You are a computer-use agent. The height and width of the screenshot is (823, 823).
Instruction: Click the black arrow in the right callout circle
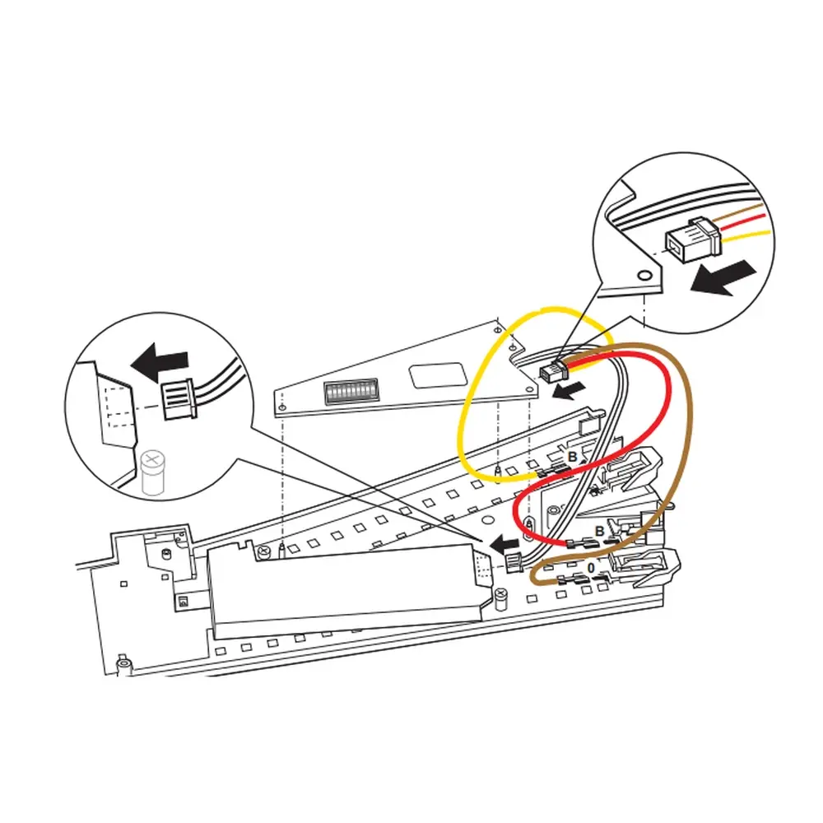[x=723, y=277]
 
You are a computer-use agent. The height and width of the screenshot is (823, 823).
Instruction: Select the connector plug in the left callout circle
[x=178, y=400]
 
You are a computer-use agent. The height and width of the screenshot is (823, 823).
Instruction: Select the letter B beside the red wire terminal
[x=600, y=532]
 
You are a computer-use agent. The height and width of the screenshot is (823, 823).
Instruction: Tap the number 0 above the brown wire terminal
[x=590, y=569]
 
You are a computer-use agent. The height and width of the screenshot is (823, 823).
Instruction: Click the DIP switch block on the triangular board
[x=351, y=392]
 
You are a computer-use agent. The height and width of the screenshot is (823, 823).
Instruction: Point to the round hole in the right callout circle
[x=646, y=272]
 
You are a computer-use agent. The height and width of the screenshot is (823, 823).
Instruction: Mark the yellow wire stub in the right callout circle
[x=749, y=236]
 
